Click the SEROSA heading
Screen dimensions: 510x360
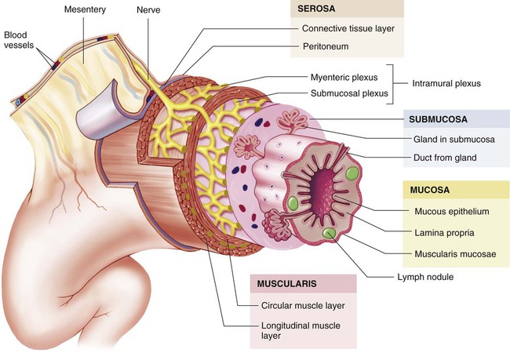(316, 9)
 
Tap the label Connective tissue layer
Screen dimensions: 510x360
(348, 28)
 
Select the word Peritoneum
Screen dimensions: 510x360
(326, 46)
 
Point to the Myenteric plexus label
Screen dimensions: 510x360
(344, 78)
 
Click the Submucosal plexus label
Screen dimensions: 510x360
(349, 93)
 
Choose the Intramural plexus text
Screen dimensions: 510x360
(446, 84)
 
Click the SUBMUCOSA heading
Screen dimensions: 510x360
(438, 119)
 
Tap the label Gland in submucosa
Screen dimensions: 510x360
(454, 140)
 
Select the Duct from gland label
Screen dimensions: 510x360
(445, 158)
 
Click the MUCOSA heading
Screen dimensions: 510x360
(429, 190)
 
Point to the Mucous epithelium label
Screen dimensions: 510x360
(451, 212)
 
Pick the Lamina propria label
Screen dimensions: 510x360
(444, 233)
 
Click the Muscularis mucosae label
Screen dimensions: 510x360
(455, 254)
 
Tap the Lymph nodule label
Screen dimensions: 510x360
(425, 277)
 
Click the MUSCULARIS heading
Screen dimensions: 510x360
(286, 284)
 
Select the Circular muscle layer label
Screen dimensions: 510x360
(303, 306)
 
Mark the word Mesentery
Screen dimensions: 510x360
(85, 9)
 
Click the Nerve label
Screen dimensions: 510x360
(148, 10)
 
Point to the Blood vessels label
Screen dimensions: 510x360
(19, 40)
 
